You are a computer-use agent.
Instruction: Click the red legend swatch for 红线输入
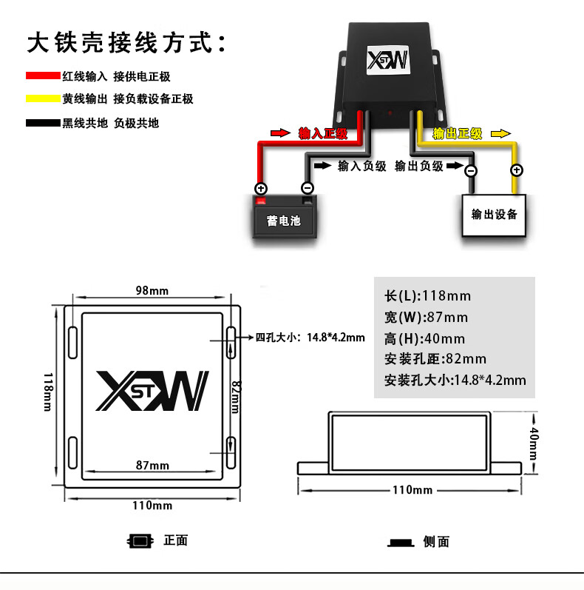click(x=43, y=76)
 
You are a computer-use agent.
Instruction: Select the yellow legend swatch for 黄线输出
click(x=43, y=99)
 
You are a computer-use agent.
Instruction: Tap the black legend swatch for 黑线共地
click(x=43, y=123)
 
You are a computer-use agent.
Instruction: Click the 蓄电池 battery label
click(x=284, y=221)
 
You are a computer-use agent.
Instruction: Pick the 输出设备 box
click(x=495, y=215)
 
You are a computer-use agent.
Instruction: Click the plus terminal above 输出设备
click(x=517, y=170)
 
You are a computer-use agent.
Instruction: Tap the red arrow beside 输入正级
click(x=280, y=133)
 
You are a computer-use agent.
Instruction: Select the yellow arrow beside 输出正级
click(x=501, y=133)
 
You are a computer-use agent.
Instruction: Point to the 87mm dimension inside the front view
click(x=153, y=465)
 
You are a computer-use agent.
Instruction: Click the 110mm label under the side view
click(x=412, y=490)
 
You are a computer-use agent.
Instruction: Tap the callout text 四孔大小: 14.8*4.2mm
click(x=310, y=338)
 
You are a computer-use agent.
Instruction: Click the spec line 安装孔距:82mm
click(x=435, y=359)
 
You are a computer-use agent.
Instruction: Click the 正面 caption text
click(x=175, y=540)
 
